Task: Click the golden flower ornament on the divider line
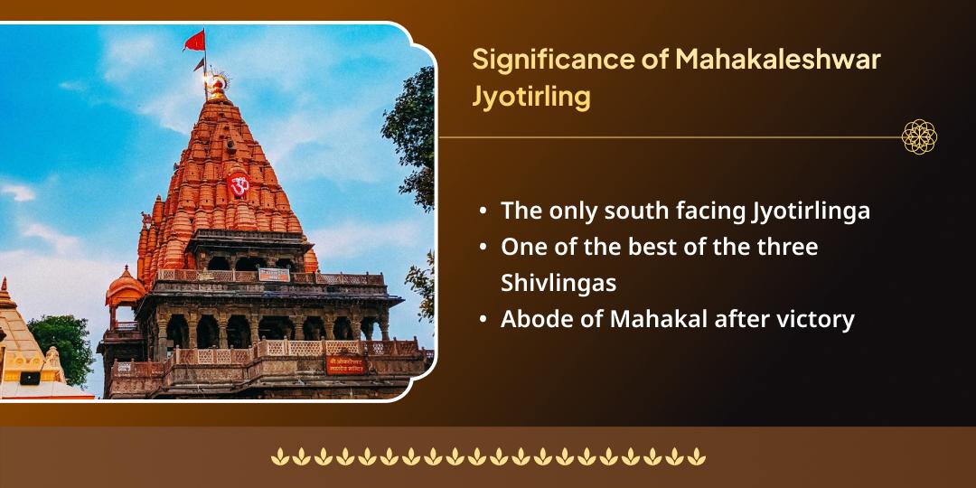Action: (x=919, y=136)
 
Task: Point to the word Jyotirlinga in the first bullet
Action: (x=811, y=211)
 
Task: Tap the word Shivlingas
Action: (x=558, y=283)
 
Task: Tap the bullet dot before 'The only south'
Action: (x=484, y=211)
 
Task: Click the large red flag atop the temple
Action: (x=194, y=41)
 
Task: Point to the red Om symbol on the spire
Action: (x=239, y=185)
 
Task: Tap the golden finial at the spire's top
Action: (x=216, y=86)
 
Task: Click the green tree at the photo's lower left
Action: (x=63, y=343)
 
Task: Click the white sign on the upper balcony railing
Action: (x=274, y=274)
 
